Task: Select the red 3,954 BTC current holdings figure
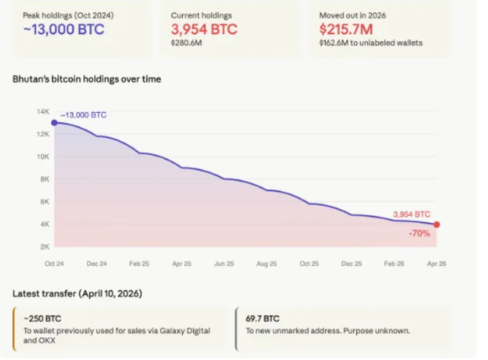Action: point(204,30)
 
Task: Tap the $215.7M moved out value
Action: point(347,30)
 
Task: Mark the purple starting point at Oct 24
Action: point(53,122)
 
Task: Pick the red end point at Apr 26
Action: point(437,224)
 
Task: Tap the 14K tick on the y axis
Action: point(43,111)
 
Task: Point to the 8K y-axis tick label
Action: point(44,178)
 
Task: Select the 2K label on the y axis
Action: point(44,246)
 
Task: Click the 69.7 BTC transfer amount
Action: point(262,318)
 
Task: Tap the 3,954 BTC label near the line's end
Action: point(411,214)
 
